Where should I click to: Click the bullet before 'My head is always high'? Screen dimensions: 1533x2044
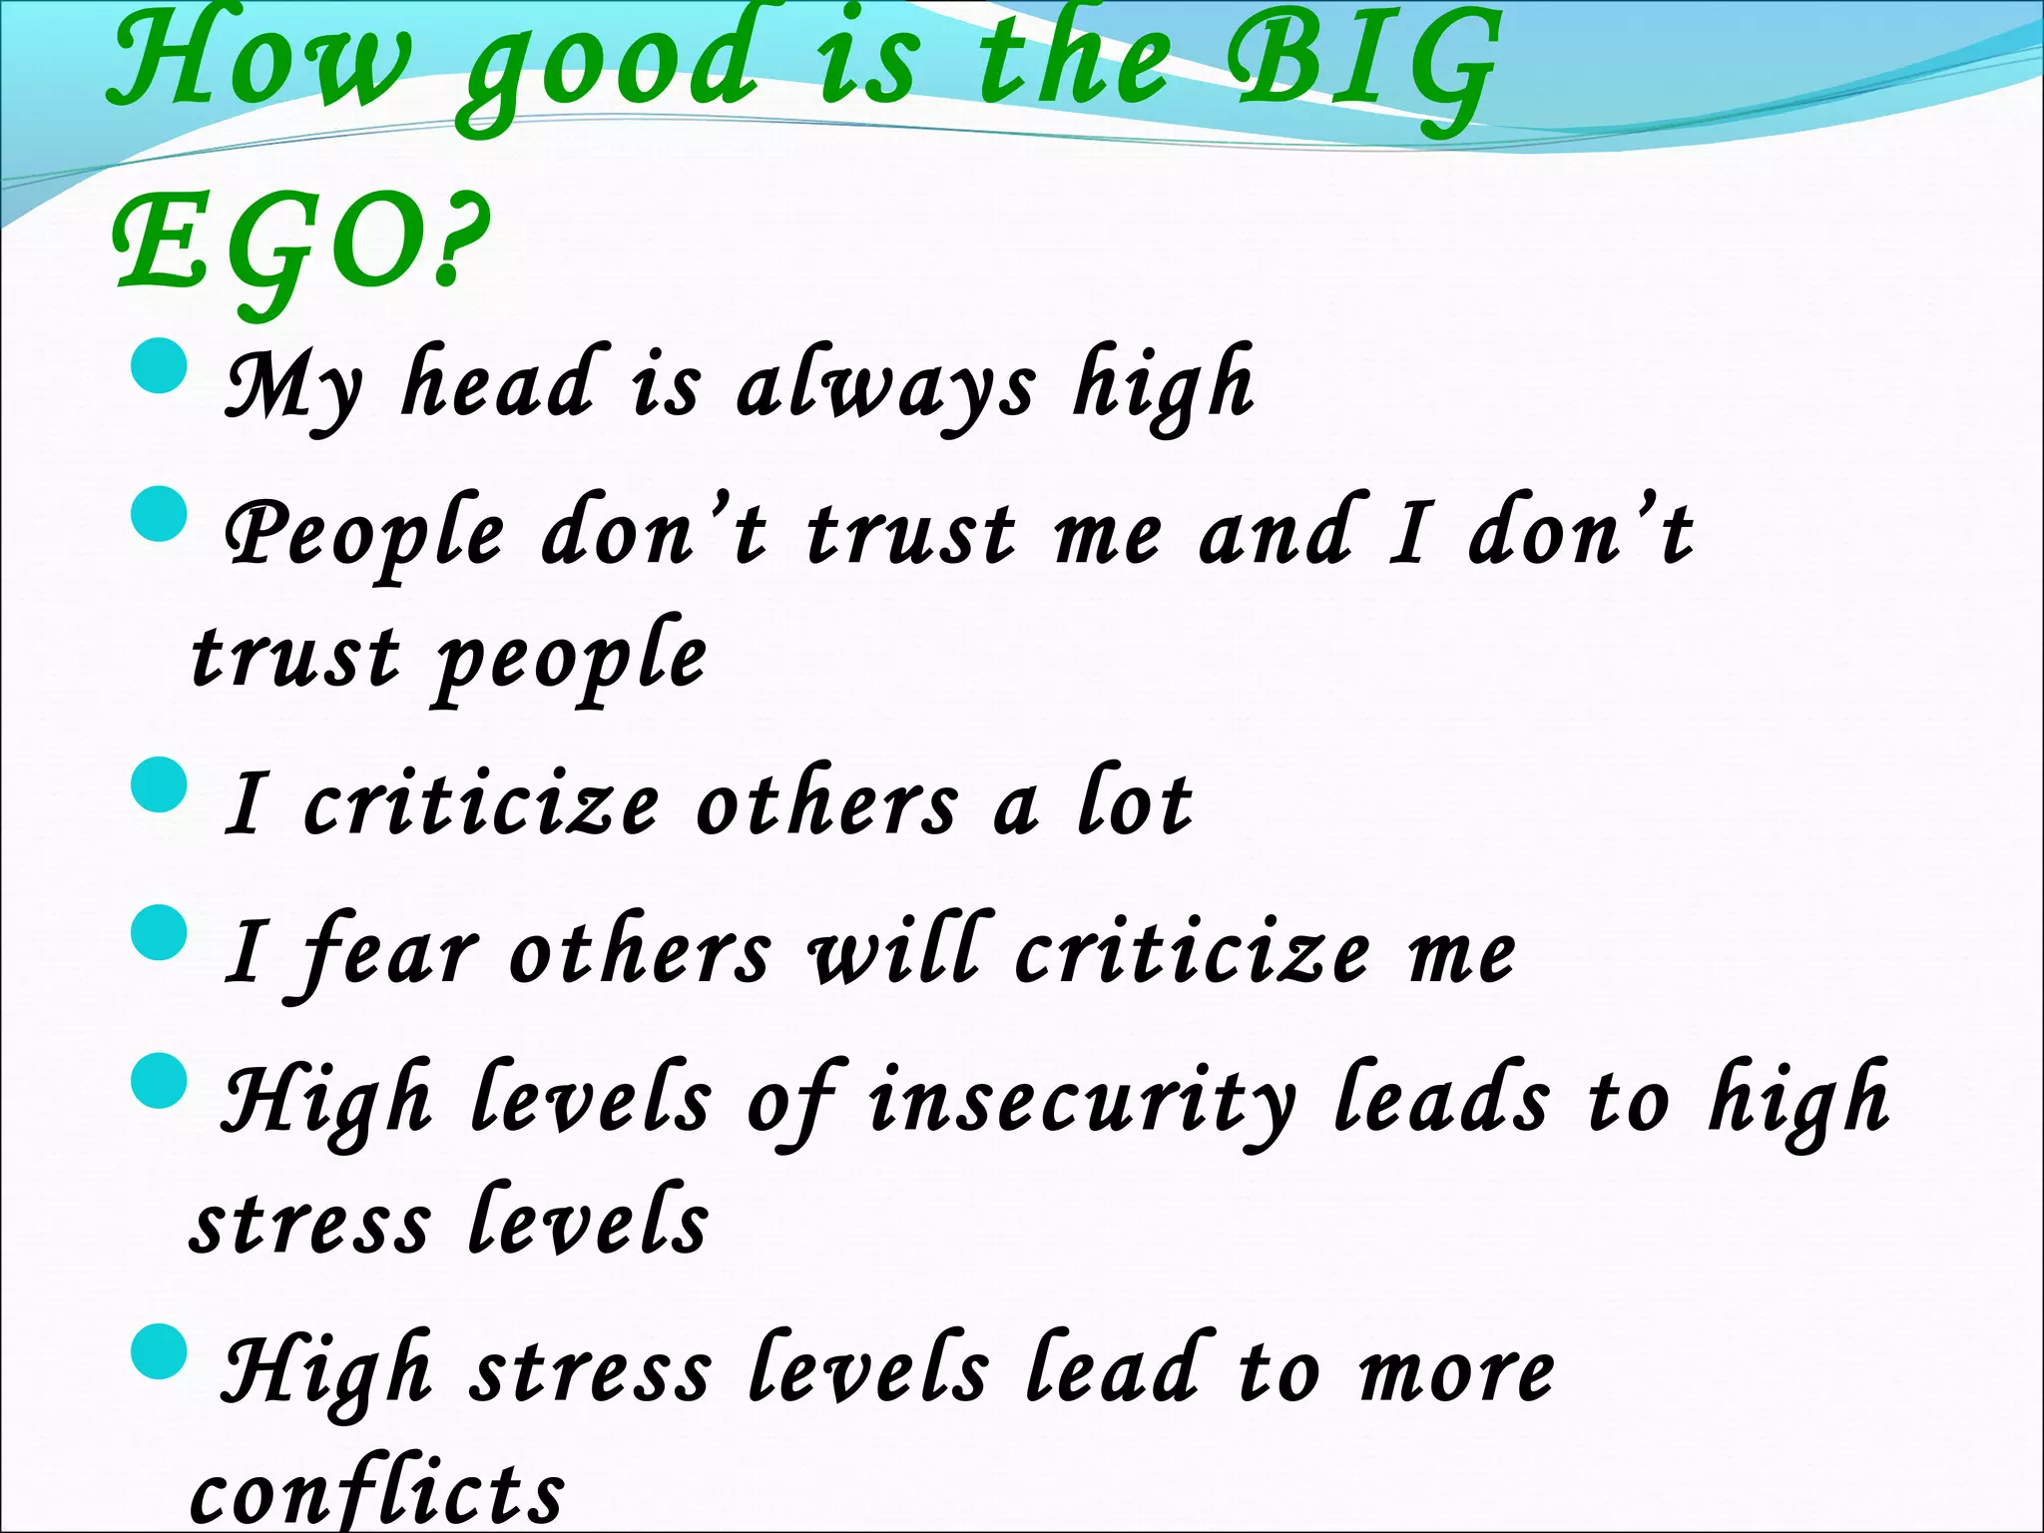pyautogui.click(x=160, y=366)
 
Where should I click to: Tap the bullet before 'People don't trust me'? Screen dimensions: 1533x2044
pyautogui.click(x=160, y=515)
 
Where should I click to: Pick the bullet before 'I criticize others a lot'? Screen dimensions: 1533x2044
pyautogui.click(x=160, y=784)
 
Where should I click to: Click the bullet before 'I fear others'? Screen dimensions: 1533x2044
pyautogui.click(x=160, y=932)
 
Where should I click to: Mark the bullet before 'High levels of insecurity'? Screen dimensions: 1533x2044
pyautogui.click(x=160, y=1081)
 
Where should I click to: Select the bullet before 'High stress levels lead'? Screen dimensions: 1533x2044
pyautogui.click(x=160, y=1351)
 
